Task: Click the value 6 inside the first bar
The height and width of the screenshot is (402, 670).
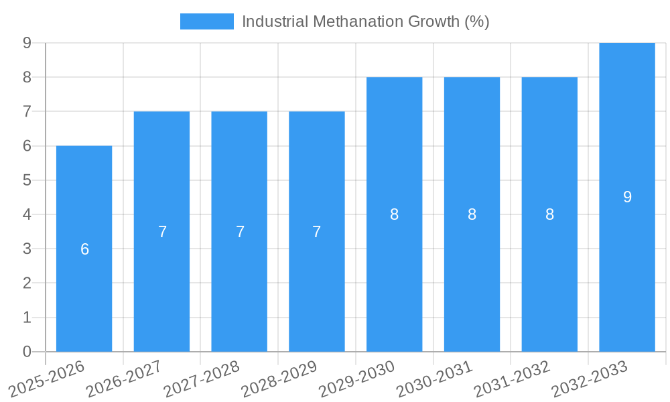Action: click(x=84, y=249)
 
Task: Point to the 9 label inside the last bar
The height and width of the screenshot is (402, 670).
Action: click(x=627, y=197)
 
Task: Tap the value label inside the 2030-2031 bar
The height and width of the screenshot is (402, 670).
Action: click(x=472, y=214)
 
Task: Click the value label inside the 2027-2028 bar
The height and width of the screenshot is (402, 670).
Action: click(x=240, y=232)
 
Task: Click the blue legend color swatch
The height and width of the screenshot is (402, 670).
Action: click(x=207, y=21)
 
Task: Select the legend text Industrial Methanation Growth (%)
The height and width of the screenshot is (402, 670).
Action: click(x=365, y=21)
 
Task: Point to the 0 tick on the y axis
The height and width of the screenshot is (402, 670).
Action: click(x=27, y=352)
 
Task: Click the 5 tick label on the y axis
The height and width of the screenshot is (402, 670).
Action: click(x=27, y=180)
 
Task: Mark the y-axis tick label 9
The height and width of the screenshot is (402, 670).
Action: click(x=27, y=43)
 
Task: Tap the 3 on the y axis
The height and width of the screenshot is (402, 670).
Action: click(x=27, y=249)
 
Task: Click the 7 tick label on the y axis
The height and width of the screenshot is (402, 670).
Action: click(x=27, y=111)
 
